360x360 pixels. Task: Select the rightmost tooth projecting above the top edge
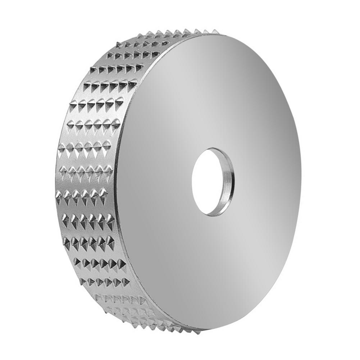pyautogui.click(x=215, y=32)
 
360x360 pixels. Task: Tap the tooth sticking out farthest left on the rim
pyautogui.click(x=58, y=195)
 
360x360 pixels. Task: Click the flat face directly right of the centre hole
pyautogui.click(x=266, y=182)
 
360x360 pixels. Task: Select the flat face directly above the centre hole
pyautogui.click(x=214, y=90)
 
